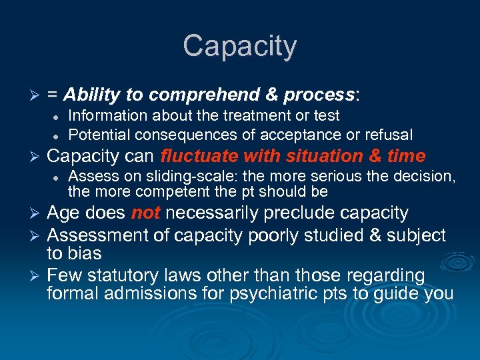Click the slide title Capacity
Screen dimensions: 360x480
coord(239,47)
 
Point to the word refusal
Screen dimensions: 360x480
coord(389,135)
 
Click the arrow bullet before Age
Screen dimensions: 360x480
coord(37,213)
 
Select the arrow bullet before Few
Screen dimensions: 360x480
coord(37,276)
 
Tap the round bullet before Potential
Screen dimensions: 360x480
coord(57,135)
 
